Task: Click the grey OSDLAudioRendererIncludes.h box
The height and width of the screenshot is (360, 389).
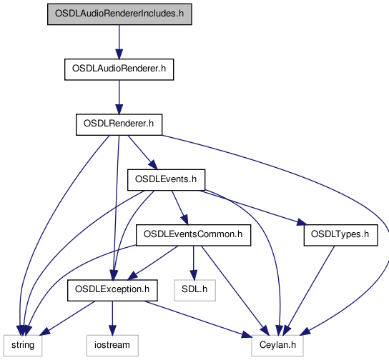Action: coord(119,14)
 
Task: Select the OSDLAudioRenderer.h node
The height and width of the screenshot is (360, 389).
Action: coord(119,69)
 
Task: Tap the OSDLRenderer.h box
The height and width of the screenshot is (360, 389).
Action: coord(119,124)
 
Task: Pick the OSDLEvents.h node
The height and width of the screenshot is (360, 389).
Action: coord(166,180)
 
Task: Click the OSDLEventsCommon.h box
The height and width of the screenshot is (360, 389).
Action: coord(193,235)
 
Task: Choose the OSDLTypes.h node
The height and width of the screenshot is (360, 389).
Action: coord(340,235)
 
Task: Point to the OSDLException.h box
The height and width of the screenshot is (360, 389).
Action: coord(112,291)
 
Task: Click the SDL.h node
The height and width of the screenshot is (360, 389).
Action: coord(194,291)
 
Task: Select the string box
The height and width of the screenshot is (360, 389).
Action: coord(23,346)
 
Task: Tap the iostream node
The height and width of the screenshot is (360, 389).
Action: coord(112,346)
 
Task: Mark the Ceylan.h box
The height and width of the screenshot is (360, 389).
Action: coord(277,346)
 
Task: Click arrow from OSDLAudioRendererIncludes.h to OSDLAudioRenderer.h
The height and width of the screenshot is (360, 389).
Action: coord(119,42)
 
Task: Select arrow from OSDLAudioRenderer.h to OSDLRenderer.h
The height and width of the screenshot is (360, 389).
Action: coord(119,97)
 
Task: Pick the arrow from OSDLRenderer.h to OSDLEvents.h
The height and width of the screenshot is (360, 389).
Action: coord(142,152)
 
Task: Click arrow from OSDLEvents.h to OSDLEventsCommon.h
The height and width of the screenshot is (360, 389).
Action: coord(180,208)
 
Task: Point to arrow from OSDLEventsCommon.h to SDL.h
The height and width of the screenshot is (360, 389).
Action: coord(194,263)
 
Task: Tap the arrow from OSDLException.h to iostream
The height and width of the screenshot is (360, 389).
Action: coord(112,318)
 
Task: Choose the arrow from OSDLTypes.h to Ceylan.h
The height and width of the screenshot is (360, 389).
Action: coord(309,291)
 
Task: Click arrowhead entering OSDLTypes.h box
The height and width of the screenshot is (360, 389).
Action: coord(302,222)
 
